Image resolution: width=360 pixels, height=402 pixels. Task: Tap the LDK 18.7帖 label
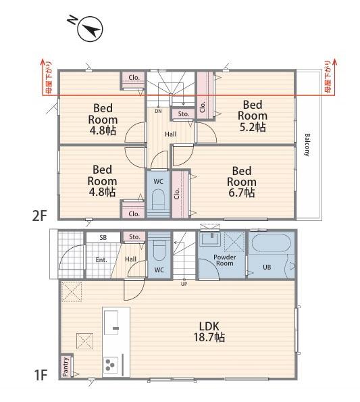pos(209,332)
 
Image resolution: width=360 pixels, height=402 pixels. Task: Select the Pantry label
pos(66,367)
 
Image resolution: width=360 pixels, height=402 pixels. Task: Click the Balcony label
pos(307,145)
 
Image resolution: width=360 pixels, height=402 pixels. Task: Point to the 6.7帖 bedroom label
pos(241,182)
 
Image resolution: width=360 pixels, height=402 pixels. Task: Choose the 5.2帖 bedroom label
pos(253,116)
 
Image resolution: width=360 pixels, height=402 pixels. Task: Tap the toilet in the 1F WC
pos(159,247)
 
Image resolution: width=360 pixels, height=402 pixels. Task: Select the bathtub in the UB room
pos(272,243)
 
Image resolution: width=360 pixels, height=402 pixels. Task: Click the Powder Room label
pos(224,260)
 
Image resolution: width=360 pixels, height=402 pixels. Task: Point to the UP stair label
pos(184,284)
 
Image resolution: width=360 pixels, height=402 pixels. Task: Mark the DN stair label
pos(158,111)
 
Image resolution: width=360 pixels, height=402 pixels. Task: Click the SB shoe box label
pos(103,238)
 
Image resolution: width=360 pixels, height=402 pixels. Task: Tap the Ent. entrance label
pos(101,260)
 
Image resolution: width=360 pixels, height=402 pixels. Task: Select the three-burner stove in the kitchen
pos(111,364)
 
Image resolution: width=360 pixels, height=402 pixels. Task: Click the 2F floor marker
pos(39,216)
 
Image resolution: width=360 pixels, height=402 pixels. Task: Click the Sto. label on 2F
pos(184,114)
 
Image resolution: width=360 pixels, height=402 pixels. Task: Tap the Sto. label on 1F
pos(134,237)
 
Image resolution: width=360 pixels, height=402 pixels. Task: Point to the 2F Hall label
pos(171,134)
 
